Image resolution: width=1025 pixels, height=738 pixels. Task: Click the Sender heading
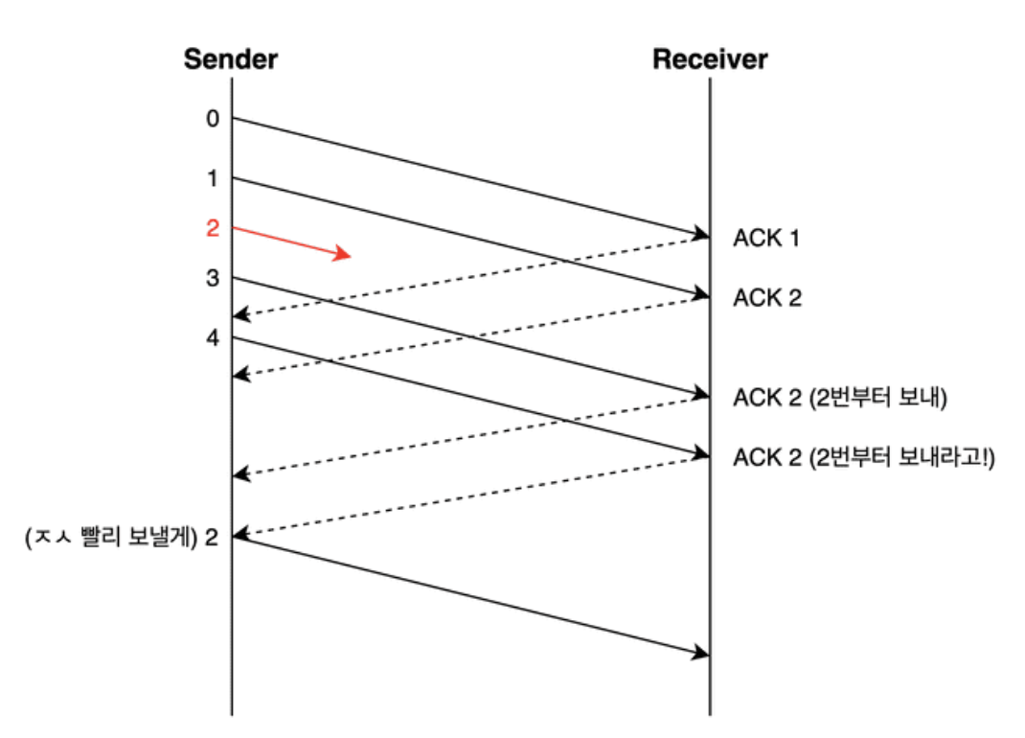tap(230, 59)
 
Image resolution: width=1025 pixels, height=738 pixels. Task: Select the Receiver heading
tap(710, 59)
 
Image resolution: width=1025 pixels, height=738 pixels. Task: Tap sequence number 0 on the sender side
tap(212, 119)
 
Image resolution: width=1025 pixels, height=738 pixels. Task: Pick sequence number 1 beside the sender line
tap(212, 178)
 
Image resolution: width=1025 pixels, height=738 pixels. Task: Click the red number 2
tap(212, 228)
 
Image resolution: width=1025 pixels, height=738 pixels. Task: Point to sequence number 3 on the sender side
tap(212, 279)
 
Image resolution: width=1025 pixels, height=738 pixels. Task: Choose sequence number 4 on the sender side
tap(212, 337)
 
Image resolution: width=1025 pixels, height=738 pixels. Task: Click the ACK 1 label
tap(766, 238)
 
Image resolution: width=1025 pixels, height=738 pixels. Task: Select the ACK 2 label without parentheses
tap(766, 298)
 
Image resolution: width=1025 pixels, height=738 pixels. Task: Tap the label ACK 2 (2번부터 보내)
tap(839, 398)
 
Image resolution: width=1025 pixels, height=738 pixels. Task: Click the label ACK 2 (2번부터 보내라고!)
tap(864, 457)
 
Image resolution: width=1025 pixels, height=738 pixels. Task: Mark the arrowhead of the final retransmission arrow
tap(701, 655)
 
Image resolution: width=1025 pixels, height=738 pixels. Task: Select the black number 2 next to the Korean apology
tap(212, 537)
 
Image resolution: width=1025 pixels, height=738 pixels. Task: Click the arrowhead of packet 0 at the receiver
tap(701, 234)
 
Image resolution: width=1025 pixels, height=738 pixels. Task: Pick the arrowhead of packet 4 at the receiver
tap(701, 453)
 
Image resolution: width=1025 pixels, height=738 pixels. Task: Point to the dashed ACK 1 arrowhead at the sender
tap(239, 315)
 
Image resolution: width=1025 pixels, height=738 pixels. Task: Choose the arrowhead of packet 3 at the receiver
tap(701, 394)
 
